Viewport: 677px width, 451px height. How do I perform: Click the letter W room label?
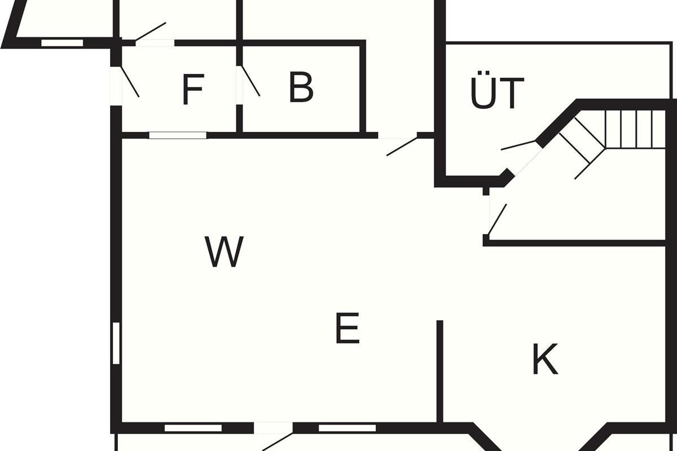point(224,252)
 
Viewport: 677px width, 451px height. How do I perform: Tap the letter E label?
point(347,329)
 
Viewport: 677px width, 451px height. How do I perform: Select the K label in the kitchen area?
point(544,359)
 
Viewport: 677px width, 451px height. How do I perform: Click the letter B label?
point(301,87)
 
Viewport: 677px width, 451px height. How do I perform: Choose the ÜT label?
point(496,94)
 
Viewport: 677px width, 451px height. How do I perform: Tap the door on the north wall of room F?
point(151,32)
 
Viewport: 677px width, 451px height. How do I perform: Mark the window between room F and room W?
point(177,135)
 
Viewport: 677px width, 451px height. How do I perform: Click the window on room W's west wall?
point(116,343)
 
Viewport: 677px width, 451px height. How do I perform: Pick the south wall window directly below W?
point(193,428)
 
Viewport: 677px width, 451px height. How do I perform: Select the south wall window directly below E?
point(347,428)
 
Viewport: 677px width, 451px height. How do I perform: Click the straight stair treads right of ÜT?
point(635,129)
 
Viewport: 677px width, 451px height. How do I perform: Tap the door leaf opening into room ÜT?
point(518,145)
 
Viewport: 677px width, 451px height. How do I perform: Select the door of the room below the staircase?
point(496,219)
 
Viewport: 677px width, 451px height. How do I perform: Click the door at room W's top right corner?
point(401,146)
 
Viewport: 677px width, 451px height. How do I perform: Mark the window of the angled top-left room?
point(62,42)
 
